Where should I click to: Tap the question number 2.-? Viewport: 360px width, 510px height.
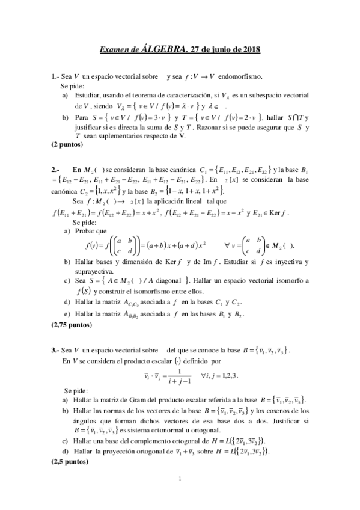pyautogui.click(x=56, y=170)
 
